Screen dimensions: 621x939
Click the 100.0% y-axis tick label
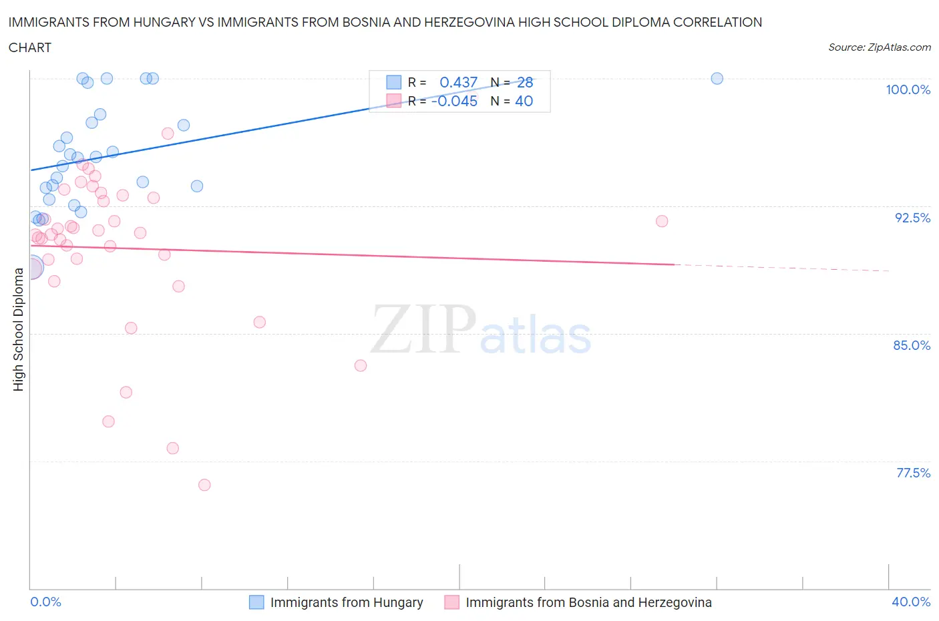(x=908, y=89)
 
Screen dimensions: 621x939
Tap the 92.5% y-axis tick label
(x=912, y=218)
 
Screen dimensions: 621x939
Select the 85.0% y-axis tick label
(x=912, y=345)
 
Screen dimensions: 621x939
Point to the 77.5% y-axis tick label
(x=913, y=473)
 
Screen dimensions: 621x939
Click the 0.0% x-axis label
(x=45, y=602)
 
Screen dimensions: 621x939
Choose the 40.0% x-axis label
(x=911, y=602)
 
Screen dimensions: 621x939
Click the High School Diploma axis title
(x=18, y=329)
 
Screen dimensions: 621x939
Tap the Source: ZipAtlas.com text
(x=879, y=47)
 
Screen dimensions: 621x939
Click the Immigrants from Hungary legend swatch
(x=256, y=602)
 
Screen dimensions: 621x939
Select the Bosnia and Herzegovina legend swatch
(x=452, y=602)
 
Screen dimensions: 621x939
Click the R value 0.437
(x=458, y=82)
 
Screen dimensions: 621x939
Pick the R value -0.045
(x=454, y=101)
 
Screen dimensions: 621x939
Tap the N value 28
(x=525, y=82)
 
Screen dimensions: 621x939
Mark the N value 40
(x=524, y=101)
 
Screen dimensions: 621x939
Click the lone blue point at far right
(x=717, y=78)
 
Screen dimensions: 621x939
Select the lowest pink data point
(x=204, y=485)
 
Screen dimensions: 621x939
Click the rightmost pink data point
(x=662, y=221)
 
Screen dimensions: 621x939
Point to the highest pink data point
(x=168, y=134)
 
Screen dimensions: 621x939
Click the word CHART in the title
(x=30, y=47)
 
